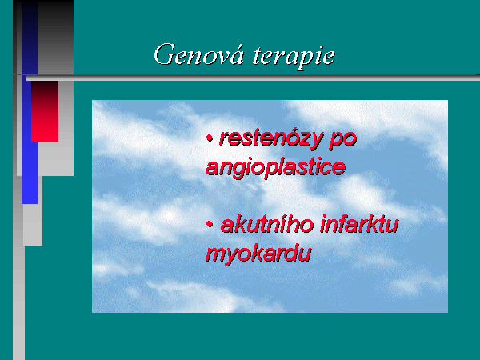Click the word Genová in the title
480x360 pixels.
199,54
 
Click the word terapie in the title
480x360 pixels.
294,57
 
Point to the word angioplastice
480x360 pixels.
275,168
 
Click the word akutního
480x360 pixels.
267,225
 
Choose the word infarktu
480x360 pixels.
359,224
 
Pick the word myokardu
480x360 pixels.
258,254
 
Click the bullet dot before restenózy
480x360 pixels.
210,138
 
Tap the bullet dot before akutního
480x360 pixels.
210,224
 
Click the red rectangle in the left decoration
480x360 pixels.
45,111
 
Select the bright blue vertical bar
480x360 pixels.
30,173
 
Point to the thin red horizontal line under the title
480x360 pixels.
242,74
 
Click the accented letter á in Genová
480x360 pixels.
238,54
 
